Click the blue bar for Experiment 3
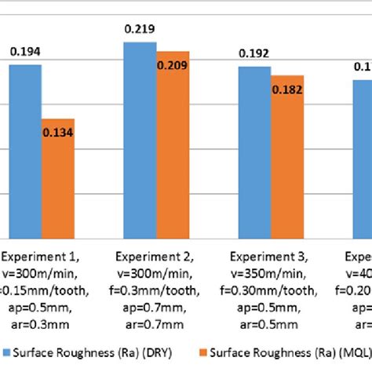pos(253,151)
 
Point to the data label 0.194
pos(25,53)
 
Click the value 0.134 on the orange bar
pos(58,133)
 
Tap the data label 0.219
pos(140,29)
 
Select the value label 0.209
pos(172,65)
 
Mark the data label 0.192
pos(253,53)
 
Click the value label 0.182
pos(286,89)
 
